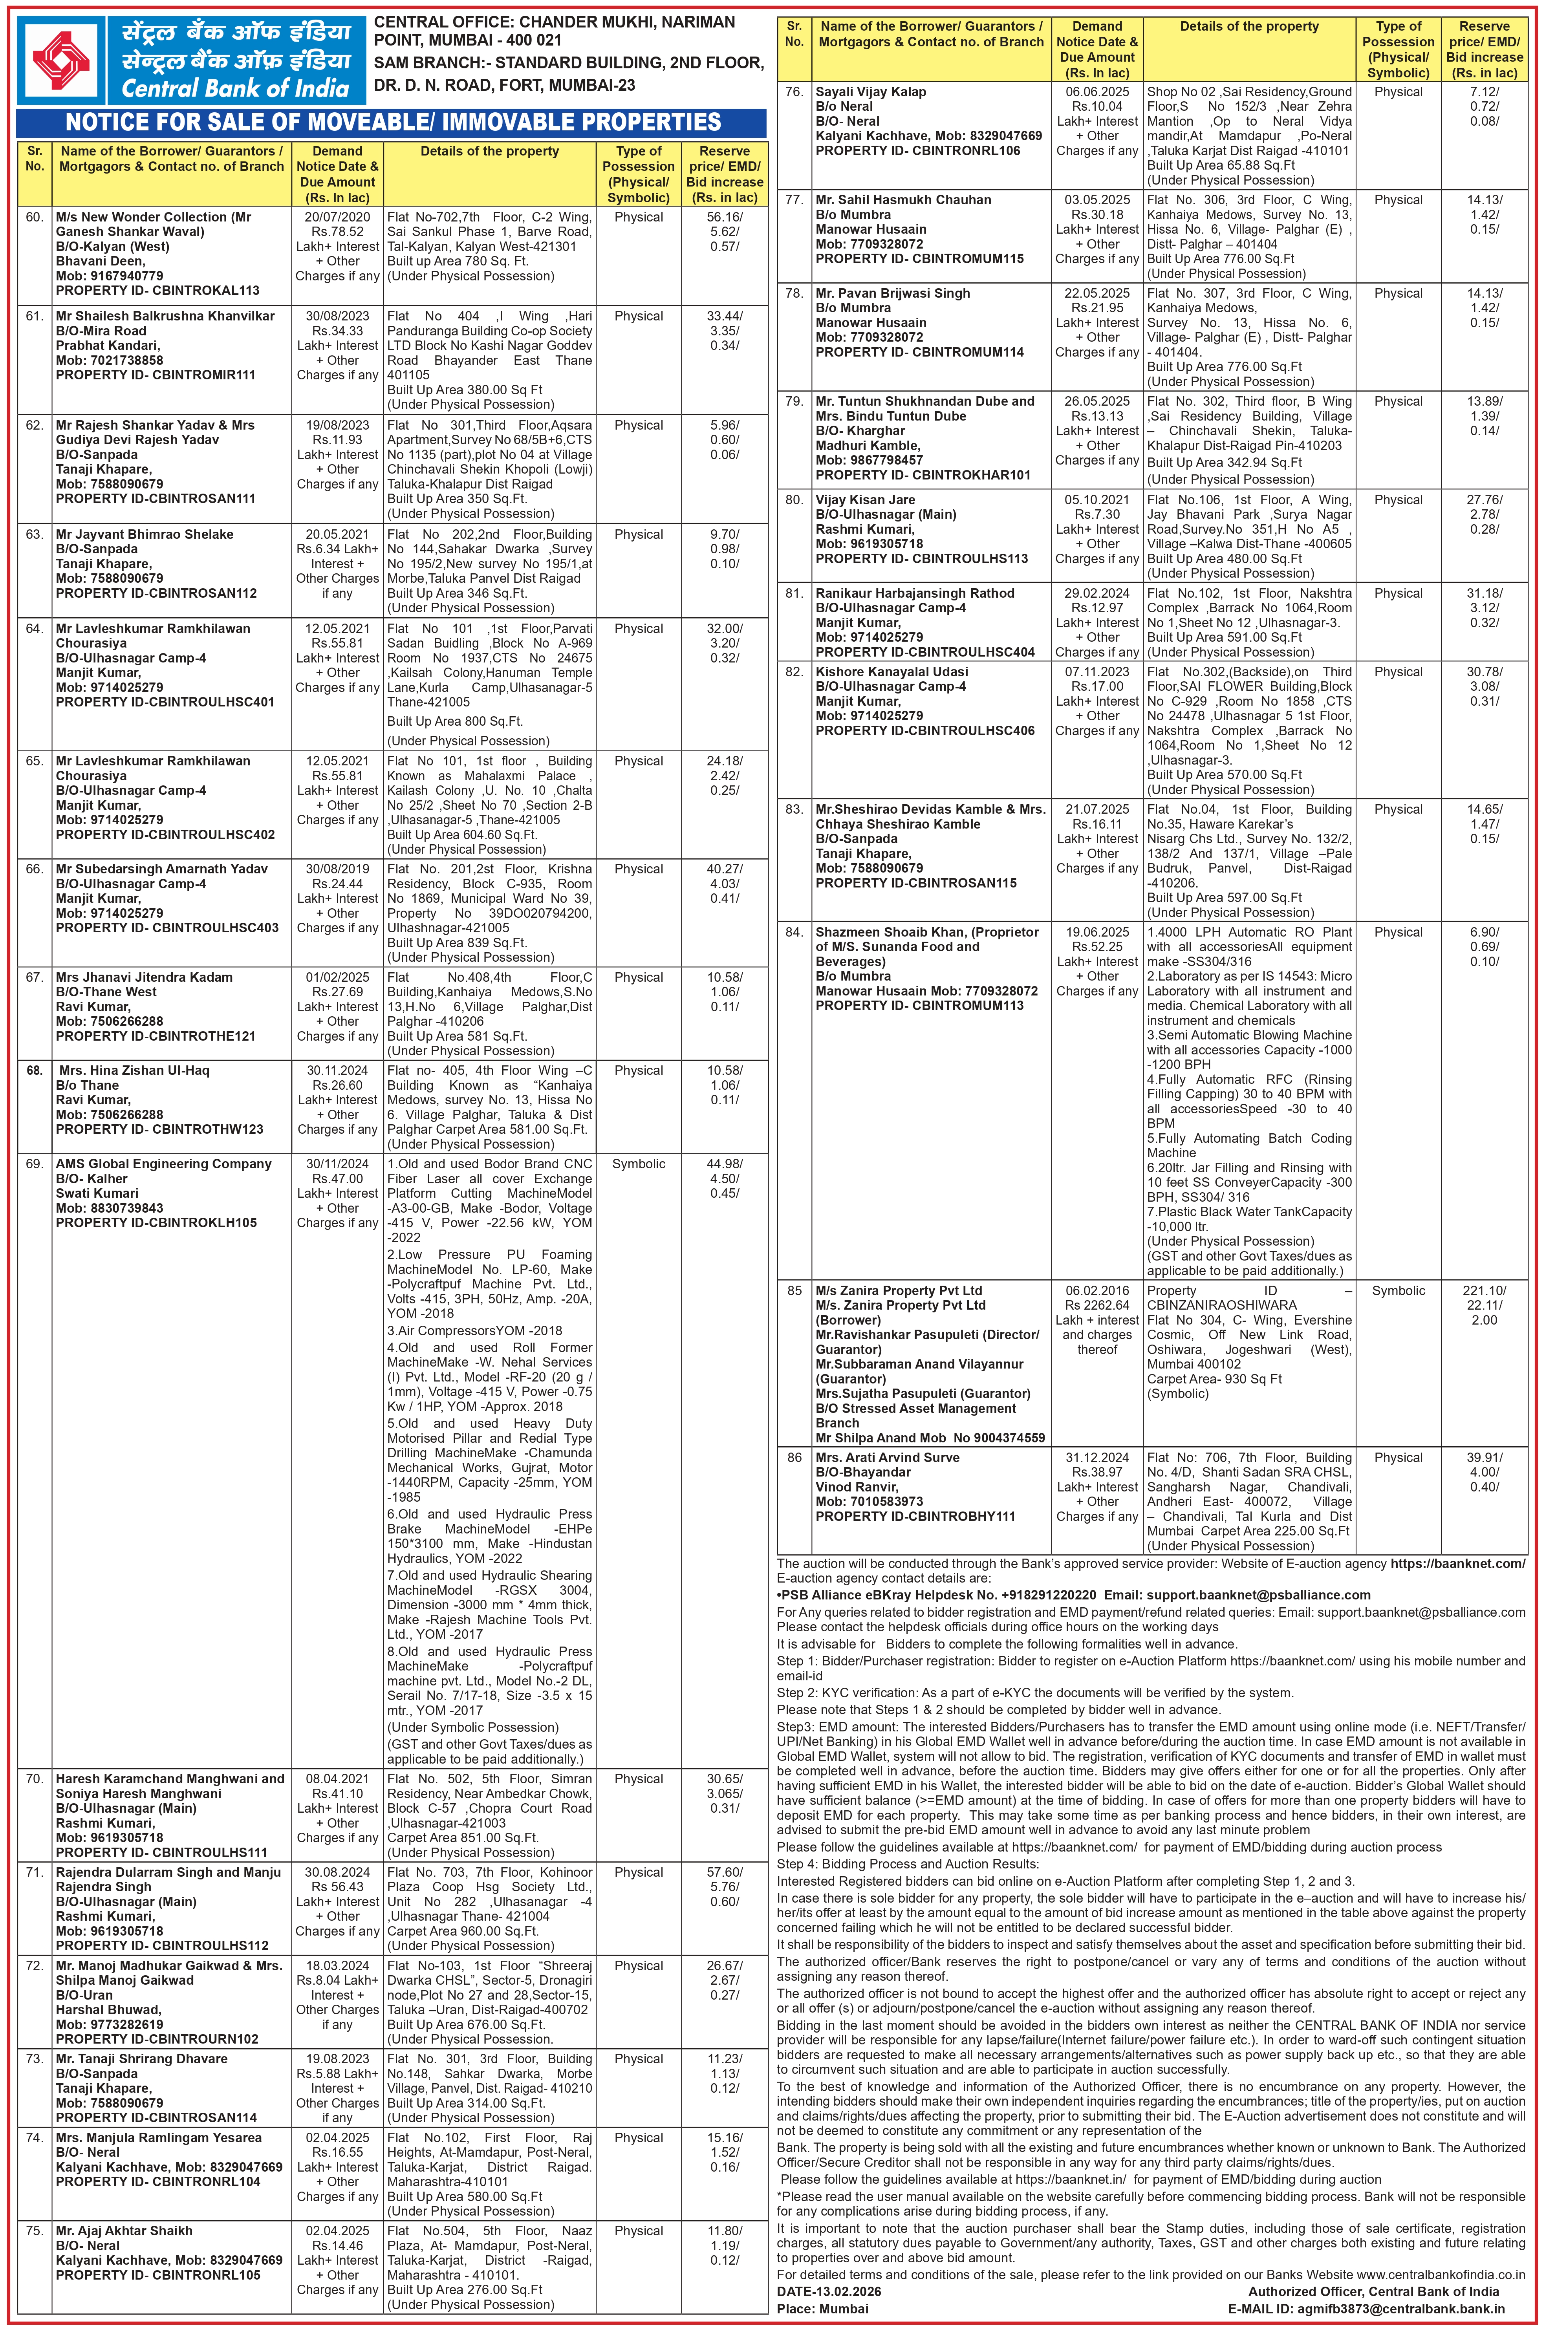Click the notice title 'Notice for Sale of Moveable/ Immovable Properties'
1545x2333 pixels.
tap(392, 123)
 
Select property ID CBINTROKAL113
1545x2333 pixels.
tap(157, 291)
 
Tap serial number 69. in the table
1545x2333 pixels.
tap(35, 1164)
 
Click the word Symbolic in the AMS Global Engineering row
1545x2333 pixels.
tap(639, 1164)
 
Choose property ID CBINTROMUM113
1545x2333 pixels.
tap(919, 1005)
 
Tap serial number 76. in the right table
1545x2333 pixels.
tap(794, 91)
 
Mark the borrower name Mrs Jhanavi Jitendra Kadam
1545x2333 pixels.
tap(144, 977)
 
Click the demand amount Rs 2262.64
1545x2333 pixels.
tap(1097, 1305)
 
